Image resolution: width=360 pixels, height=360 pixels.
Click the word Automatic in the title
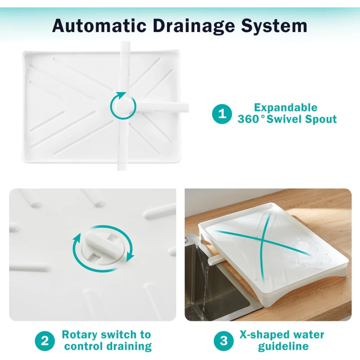(99, 25)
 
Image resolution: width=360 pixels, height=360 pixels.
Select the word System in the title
(274, 26)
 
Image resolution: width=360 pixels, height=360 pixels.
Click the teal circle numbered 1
(222, 114)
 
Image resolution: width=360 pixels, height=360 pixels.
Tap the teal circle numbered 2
(45, 341)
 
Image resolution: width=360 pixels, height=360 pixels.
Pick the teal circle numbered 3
(224, 341)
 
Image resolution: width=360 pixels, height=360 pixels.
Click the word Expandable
(285, 108)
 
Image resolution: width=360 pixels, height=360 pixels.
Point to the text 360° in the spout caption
(251, 119)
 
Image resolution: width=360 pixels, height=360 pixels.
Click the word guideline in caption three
(283, 346)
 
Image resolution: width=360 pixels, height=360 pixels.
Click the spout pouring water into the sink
(215, 261)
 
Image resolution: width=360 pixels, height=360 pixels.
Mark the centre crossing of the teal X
(262, 240)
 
